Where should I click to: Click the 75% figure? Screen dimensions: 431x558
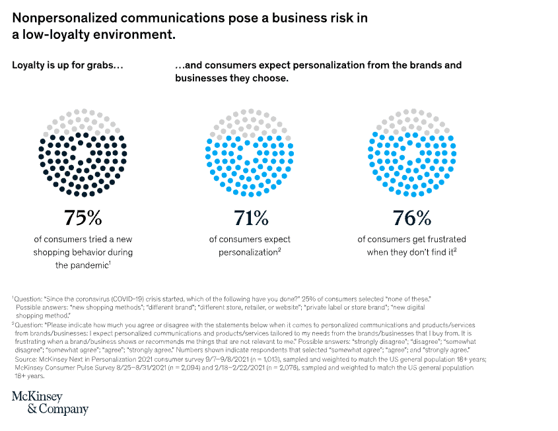click(x=82, y=217)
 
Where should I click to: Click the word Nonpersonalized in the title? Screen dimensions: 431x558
click(x=65, y=18)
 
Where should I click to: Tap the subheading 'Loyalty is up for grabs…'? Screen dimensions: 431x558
click(x=67, y=65)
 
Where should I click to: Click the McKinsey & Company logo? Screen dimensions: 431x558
click(x=50, y=402)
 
